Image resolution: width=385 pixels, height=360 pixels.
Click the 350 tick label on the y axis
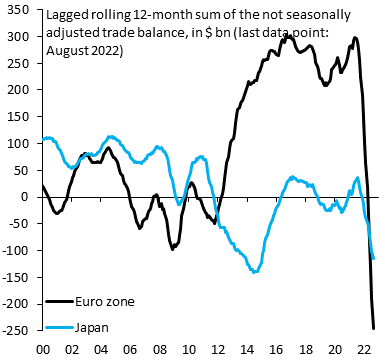point(18,10)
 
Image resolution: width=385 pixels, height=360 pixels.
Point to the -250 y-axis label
point(16,331)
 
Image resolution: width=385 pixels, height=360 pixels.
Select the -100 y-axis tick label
point(16,250)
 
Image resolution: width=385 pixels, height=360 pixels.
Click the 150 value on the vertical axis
point(18,117)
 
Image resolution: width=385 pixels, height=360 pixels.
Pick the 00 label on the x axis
point(43,349)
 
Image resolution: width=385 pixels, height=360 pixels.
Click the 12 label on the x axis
point(218,349)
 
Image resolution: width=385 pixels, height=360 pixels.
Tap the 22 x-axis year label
point(364,349)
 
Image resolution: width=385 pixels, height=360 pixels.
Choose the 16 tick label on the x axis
point(277,349)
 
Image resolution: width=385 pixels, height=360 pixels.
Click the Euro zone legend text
point(105,302)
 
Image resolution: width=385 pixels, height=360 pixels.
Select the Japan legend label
point(92,327)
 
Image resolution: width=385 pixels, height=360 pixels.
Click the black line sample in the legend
point(59,302)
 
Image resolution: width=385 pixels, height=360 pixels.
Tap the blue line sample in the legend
point(59,328)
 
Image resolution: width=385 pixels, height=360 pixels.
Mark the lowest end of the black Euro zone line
point(374,329)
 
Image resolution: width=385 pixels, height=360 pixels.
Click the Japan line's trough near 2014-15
point(255,272)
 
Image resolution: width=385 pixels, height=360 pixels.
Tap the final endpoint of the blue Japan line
point(373,258)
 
